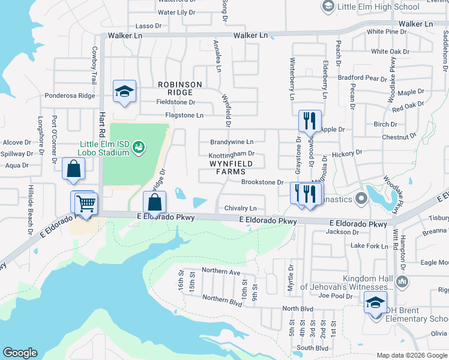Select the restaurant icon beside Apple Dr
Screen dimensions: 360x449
310,122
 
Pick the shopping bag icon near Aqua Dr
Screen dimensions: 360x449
73,170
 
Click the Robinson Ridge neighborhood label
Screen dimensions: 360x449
180,88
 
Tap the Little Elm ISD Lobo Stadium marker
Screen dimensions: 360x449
139,146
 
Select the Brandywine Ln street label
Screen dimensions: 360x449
232,142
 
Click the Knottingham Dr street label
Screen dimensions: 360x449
232,154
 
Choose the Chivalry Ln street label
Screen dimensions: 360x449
241,208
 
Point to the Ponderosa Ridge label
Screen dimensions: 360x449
70,96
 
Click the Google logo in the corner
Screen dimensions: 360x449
20,353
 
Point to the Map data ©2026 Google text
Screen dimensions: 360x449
412,355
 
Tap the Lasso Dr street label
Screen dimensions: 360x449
149,26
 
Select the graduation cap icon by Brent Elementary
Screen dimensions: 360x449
376,304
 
